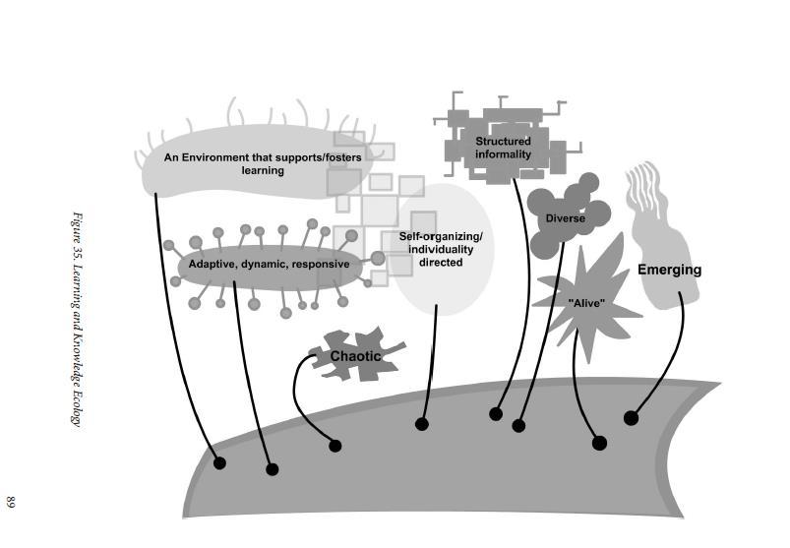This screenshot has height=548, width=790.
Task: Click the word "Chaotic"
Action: (355, 356)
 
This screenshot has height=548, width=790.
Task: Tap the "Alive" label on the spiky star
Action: (585, 303)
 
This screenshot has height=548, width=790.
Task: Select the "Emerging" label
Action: (669, 270)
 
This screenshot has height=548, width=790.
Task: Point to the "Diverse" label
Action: (565, 218)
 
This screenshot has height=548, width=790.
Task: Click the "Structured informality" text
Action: (503, 148)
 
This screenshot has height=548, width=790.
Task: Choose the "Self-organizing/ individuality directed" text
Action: (441, 249)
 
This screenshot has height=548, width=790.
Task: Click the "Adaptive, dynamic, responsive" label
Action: (269, 265)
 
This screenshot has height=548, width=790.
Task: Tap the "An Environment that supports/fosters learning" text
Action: (246, 163)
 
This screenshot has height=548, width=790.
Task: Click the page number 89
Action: (12, 502)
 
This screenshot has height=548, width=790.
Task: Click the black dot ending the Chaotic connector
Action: (334, 446)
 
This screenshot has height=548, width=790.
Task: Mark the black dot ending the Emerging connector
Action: (631, 418)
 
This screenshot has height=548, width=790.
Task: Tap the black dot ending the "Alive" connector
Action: (599, 443)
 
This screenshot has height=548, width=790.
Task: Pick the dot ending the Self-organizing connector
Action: (422, 424)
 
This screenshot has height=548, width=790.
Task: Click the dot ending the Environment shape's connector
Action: (219, 462)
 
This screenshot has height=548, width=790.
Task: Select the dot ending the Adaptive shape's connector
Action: (273, 469)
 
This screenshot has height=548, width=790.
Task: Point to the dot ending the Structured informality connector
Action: (496, 414)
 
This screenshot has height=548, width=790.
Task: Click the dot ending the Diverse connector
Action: (518, 426)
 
